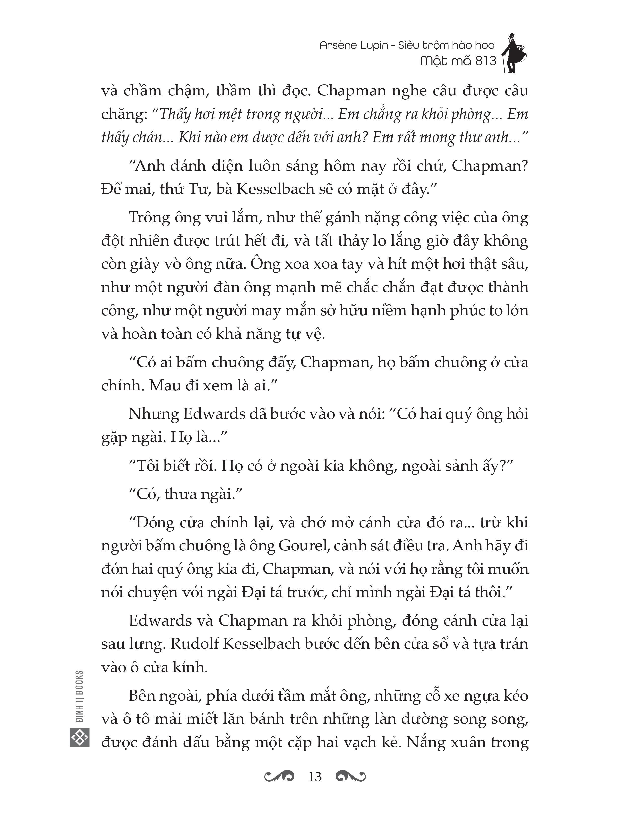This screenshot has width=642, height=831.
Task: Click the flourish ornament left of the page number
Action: click(x=279, y=776)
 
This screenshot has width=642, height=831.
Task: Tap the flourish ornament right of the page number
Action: click(x=351, y=776)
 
